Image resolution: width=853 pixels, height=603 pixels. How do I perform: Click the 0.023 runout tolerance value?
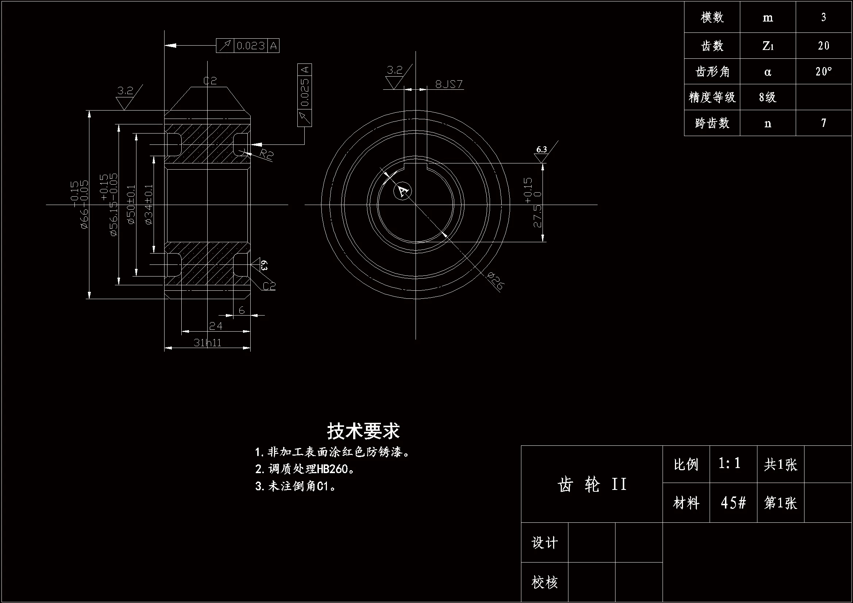[x=250, y=46]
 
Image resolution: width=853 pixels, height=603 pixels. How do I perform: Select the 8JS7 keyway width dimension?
[x=449, y=84]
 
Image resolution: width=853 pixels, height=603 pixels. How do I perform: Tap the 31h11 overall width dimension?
[x=207, y=343]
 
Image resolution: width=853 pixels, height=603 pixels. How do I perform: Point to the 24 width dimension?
[x=216, y=326]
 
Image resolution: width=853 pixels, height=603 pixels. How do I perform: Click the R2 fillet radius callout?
[x=266, y=154]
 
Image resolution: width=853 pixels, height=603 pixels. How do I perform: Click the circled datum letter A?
[x=402, y=191]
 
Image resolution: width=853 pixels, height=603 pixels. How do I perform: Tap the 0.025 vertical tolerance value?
[x=305, y=92]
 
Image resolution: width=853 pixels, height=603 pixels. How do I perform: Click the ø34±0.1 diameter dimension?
[x=148, y=204]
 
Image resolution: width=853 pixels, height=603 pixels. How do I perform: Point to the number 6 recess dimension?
[x=242, y=310]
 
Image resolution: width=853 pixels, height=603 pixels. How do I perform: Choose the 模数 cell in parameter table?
[x=712, y=17]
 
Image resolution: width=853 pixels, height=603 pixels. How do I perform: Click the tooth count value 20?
[x=823, y=46]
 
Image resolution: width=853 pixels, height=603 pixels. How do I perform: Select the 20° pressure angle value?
[x=823, y=71]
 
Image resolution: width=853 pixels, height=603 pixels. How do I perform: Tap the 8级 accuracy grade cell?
[x=768, y=97]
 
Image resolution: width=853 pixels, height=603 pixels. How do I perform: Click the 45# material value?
[x=733, y=503]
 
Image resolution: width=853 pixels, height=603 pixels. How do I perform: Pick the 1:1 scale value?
[x=729, y=463]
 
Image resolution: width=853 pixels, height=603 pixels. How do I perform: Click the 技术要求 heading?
[x=363, y=431]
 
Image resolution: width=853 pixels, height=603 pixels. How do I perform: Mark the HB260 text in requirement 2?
[x=332, y=469]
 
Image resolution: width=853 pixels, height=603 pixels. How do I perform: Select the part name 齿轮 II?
[x=592, y=484]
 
